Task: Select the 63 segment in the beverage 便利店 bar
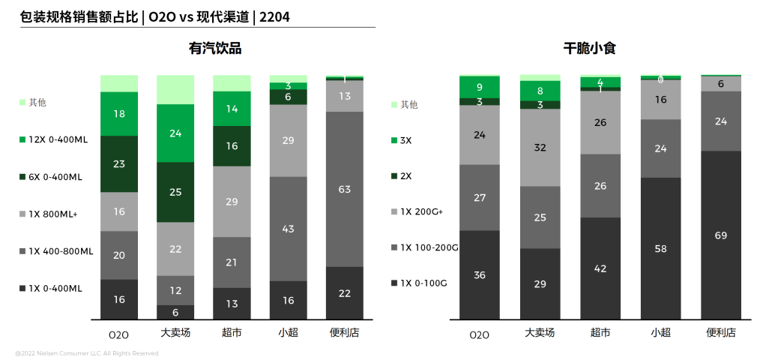tap(345, 189)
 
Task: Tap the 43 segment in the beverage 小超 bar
tap(288, 229)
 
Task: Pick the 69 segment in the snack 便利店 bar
tap(721, 235)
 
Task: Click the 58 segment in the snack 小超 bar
tap(660, 247)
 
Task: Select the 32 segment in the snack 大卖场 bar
tap(540, 148)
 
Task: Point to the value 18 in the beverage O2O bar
tap(118, 114)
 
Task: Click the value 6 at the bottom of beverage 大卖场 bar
tap(175, 312)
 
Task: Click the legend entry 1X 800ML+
tap(52, 214)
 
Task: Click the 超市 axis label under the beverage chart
tap(232, 332)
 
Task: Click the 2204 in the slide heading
tap(274, 16)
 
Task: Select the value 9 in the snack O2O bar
tap(479, 87)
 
